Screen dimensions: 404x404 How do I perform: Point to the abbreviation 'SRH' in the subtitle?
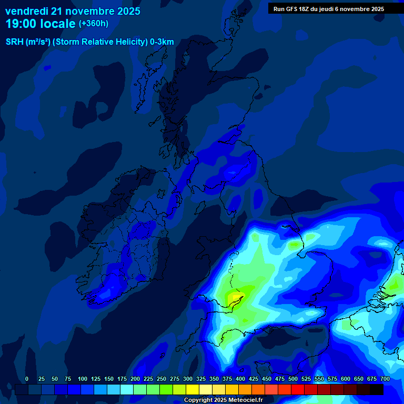(15, 42)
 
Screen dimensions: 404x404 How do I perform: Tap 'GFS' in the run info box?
(290, 9)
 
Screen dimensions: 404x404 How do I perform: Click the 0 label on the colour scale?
(27, 379)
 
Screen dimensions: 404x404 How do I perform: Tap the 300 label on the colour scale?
(188, 379)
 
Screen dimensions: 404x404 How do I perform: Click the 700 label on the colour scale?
(385, 379)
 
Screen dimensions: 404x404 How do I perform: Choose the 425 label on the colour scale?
(254, 379)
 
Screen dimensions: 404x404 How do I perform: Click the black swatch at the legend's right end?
(377, 389)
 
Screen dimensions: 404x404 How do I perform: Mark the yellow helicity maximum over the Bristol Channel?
(233, 298)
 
